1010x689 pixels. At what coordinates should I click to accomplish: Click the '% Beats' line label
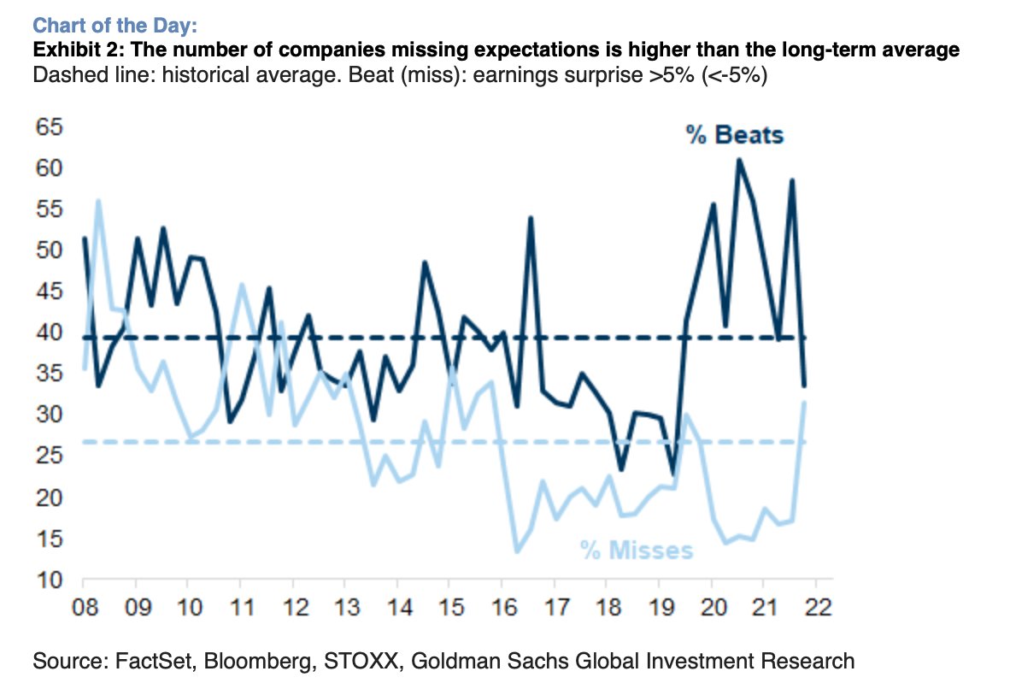pyautogui.click(x=735, y=135)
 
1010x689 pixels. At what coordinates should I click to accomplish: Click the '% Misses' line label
pyautogui.click(x=637, y=550)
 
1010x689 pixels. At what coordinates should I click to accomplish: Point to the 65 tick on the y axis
pyautogui.click(x=49, y=127)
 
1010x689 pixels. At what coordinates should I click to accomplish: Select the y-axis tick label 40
pyautogui.click(x=49, y=333)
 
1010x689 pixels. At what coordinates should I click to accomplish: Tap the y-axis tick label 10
pyautogui.click(x=49, y=580)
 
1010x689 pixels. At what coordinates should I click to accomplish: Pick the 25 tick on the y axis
pyautogui.click(x=49, y=456)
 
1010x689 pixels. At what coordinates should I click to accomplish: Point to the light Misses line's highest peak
pyautogui.click(x=98, y=201)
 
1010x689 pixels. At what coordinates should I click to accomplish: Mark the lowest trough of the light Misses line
pyautogui.click(x=517, y=551)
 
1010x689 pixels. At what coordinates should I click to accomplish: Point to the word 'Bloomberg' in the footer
pyautogui.click(x=236, y=661)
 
